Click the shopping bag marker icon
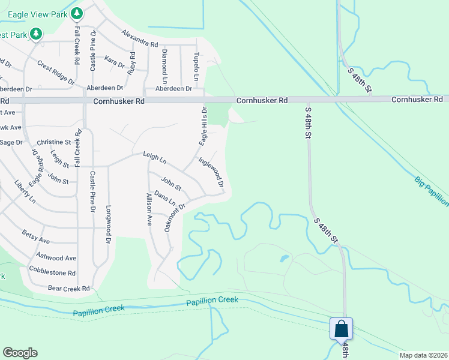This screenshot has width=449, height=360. tap(341, 329)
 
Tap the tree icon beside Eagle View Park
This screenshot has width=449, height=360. tap(76, 13)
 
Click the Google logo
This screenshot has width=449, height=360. tap(20, 353)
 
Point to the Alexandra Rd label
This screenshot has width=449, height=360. tap(139, 38)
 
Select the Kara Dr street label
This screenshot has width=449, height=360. tap(114, 62)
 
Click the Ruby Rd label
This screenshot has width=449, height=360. tap(132, 63)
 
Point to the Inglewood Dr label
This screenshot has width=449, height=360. tap(211, 171)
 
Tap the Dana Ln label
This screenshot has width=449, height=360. tap(164, 198)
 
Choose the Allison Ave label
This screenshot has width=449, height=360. tap(149, 209)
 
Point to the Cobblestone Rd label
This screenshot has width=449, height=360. tap(52, 272)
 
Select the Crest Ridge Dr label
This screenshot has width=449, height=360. tap(55, 72)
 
